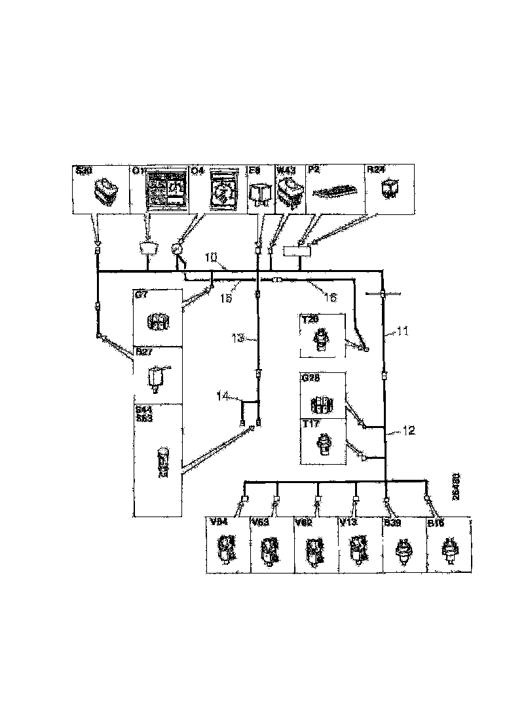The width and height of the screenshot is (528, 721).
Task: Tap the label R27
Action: click(x=145, y=353)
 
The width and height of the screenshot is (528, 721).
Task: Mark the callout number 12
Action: click(x=409, y=431)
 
